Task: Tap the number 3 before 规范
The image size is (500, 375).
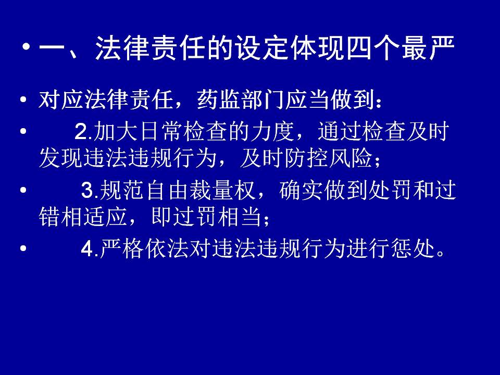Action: (87, 191)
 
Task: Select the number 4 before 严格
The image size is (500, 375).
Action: (87, 249)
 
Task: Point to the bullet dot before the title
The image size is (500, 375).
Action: (27, 48)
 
